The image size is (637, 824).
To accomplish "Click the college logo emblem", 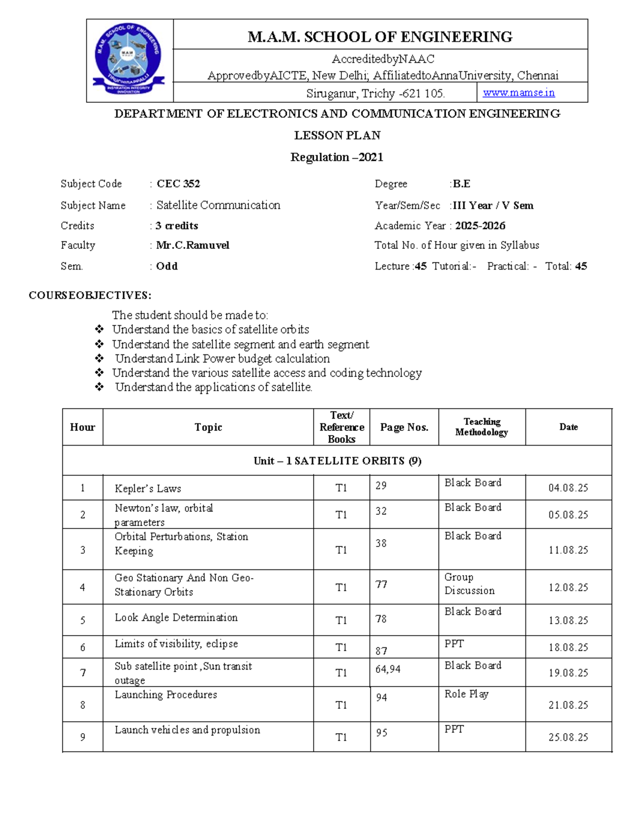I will click(x=130, y=60).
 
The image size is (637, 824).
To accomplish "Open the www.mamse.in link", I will click(x=519, y=93).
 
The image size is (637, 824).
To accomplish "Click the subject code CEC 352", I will click(x=178, y=184).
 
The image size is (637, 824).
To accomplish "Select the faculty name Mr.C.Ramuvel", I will click(x=193, y=245).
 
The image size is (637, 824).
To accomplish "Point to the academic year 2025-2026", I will click(x=480, y=225).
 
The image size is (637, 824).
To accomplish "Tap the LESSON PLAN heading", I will click(x=337, y=135).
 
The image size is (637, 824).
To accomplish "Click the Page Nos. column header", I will click(x=404, y=427).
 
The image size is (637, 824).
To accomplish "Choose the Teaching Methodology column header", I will click(x=481, y=427).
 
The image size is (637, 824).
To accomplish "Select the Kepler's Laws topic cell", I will click(x=148, y=489).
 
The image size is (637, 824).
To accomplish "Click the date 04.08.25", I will click(x=568, y=488).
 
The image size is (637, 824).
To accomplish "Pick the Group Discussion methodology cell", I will click(x=469, y=584).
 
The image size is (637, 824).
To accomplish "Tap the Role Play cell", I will click(x=466, y=694).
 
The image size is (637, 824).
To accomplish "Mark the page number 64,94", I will click(x=388, y=670).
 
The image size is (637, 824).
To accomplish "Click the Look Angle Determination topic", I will click(x=176, y=618).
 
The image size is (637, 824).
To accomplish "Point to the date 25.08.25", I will click(x=568, y=737).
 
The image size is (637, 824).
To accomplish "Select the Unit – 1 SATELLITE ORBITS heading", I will click(x=337, y=461).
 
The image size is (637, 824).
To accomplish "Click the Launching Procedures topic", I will click(x=166, y=695).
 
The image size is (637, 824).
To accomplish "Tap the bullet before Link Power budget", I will click(x=99, y=359).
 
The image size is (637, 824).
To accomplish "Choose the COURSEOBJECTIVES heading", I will click(x=90, y=295).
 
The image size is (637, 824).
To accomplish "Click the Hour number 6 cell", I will click(x=82, y=647).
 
